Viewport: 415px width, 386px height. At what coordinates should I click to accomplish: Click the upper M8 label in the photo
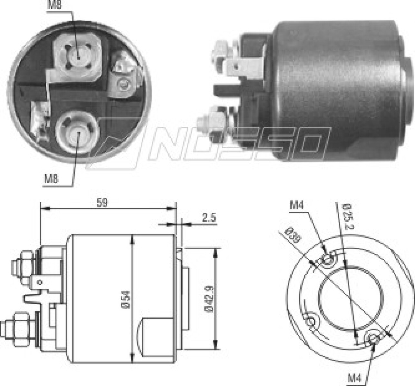tap(55, 5)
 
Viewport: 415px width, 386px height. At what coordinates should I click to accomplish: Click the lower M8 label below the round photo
tap(51, 179)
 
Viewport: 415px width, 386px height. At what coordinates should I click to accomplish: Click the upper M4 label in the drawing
tap(297, 206)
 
